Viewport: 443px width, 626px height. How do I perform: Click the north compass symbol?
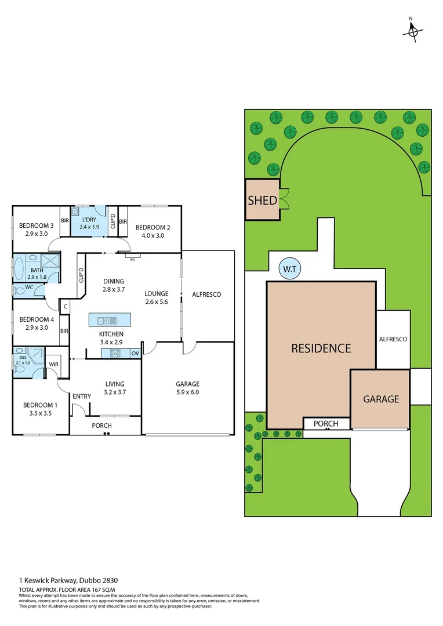(412, 31)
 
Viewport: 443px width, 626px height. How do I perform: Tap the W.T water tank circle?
(288, 270)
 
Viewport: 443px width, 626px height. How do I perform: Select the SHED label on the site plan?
(262, 201)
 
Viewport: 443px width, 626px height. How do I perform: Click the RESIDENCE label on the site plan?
(321, 348)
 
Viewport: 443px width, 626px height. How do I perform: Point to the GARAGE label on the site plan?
(381, 399)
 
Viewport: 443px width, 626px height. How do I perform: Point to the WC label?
(29, 286)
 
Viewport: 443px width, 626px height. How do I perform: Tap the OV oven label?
(135, 353)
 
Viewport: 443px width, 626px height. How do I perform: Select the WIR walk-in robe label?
(54, 365)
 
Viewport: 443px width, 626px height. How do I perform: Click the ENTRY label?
(82, 396)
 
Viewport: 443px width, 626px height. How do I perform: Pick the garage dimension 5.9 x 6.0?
(187, 392)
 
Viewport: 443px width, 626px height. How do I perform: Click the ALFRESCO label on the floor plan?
(206, 294)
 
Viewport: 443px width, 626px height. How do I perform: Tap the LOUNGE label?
(157, 293)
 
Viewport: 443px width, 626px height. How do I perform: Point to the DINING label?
(113, 281)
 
